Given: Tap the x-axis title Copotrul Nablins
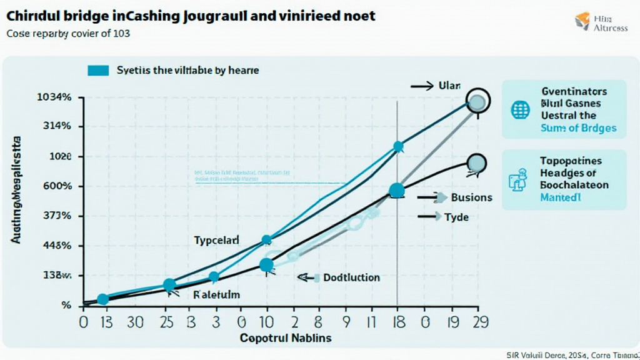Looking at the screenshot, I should click(286, 337).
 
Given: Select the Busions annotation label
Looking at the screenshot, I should click(471, 197).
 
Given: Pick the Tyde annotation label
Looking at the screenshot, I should click(456, 217).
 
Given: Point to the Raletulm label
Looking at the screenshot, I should click(217, 294).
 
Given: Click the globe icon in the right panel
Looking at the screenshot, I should click(520, 110).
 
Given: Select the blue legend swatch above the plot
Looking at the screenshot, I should click(99, 71).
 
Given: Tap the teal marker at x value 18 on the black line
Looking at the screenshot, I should click(396, 191).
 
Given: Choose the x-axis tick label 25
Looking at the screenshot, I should click(167, 322).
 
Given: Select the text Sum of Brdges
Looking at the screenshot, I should click(579, 128).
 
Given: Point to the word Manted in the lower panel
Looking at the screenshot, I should click(560, 197).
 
